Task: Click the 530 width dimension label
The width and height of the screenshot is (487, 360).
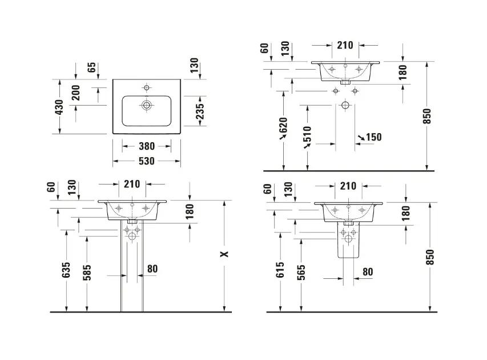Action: (146, 161)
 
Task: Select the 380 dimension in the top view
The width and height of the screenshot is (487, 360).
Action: (147, 146)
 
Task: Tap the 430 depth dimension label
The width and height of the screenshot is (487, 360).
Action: (59, 107)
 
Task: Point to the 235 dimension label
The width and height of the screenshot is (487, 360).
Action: (200, 111)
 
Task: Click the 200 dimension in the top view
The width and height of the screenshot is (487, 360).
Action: (76, 93)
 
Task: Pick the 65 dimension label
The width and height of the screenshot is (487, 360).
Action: (91, 67)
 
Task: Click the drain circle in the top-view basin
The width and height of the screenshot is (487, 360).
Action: (146, 105)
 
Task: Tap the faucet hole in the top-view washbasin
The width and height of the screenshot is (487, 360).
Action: (147, 87)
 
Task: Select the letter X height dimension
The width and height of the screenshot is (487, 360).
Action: (224, 254)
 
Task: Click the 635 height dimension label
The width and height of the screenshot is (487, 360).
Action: (66, 270)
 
